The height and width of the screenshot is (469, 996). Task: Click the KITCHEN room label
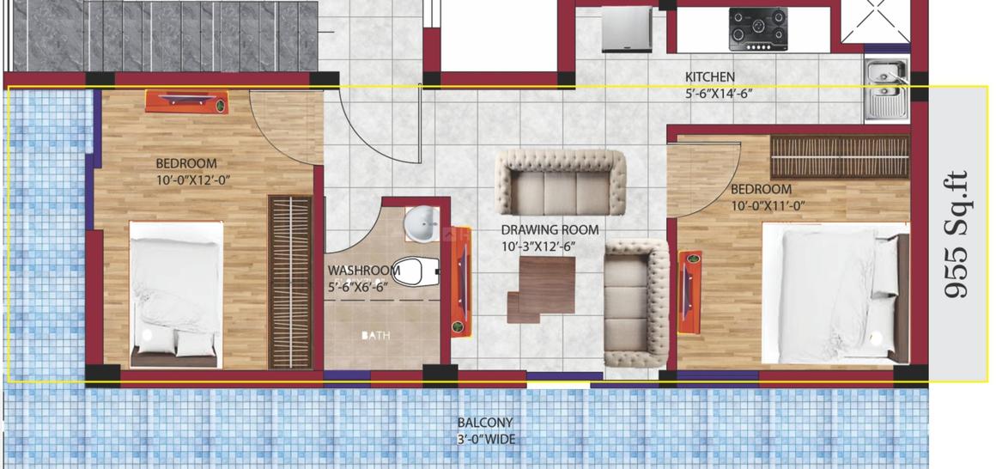pyautogui.click(x=709, y=77)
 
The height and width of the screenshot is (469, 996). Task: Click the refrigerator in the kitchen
pyautogui.click(x=622, y=30)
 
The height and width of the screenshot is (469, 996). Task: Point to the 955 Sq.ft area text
pyautogui.click(x=957, y=234)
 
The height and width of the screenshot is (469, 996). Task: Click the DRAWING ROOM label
pyautogui.click(x=550, y=230)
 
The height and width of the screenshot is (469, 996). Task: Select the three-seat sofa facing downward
pyautogui.click(x=563, y=183)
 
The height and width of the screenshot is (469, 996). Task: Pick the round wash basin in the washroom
pyautogui.click(x=421, y=224)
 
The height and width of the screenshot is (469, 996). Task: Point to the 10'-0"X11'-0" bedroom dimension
pyautogui.click(x=768, y=205)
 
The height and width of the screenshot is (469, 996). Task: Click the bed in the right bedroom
pyautogui.click(x=834, y=292)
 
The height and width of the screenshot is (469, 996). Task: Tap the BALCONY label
pyautogui.click(x=485, y=423)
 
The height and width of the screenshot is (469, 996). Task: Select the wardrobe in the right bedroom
pyautogui.click(x=839, y=157)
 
